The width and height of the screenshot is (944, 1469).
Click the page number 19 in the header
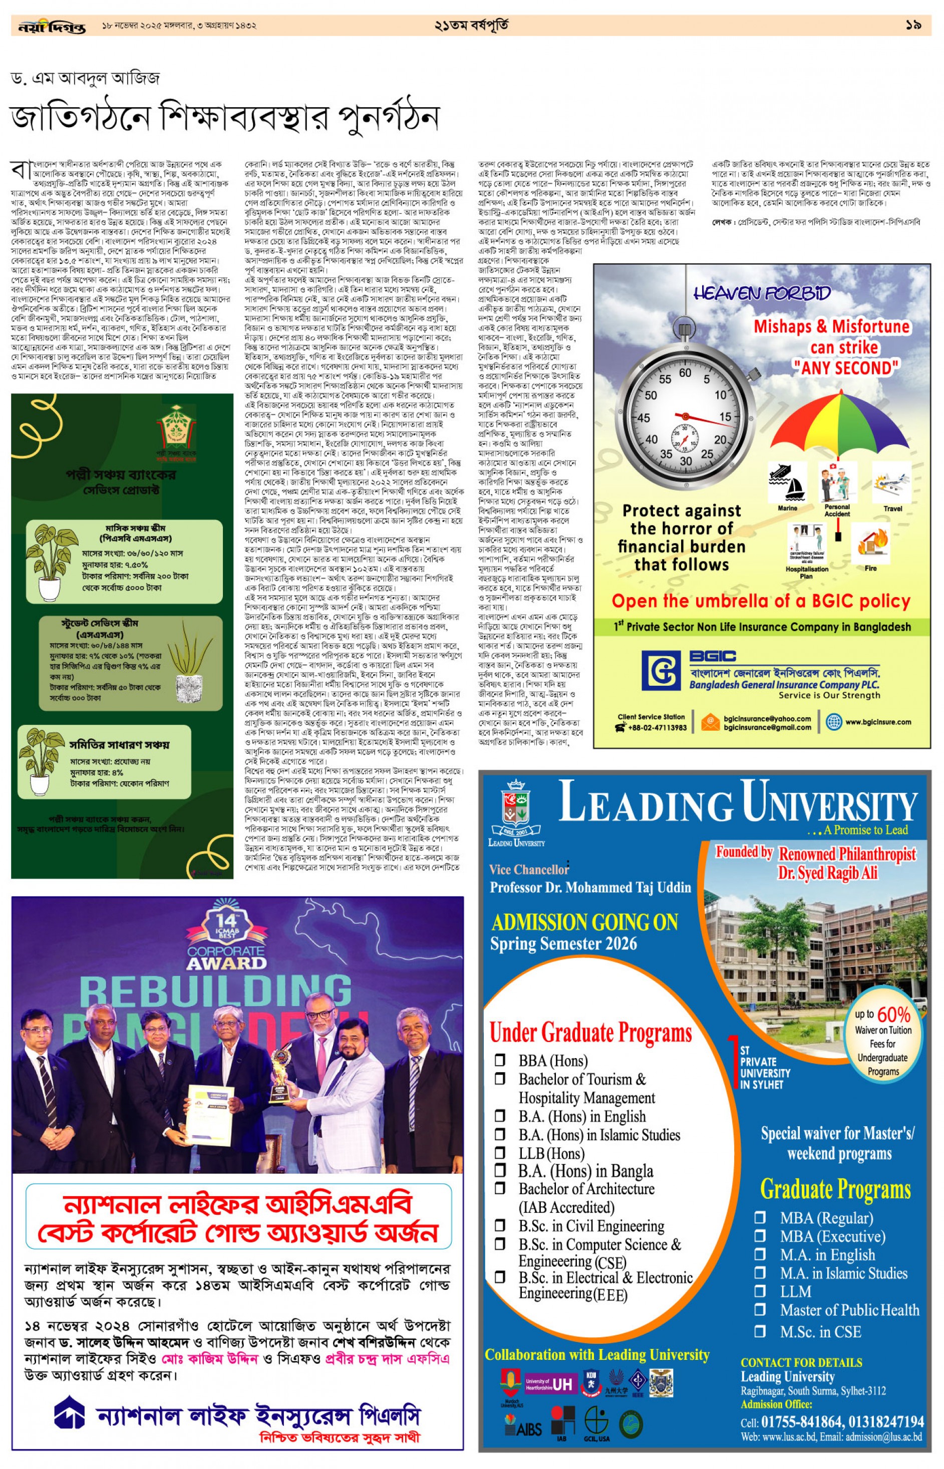(x=913, y=25)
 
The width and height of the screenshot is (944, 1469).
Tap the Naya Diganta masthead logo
(x=52, y=27)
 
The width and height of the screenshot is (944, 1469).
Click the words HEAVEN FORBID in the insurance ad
(x=762, y=293)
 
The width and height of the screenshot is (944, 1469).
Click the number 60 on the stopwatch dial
(x=685, y=372)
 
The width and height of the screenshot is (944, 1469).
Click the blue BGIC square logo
(x=661, y=670)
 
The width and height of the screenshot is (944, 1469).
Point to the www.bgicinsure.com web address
(x=878, y=722)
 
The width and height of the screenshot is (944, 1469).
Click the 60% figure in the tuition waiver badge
(x=893, y=1015)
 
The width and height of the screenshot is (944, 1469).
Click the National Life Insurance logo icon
(x=69, y=1416)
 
